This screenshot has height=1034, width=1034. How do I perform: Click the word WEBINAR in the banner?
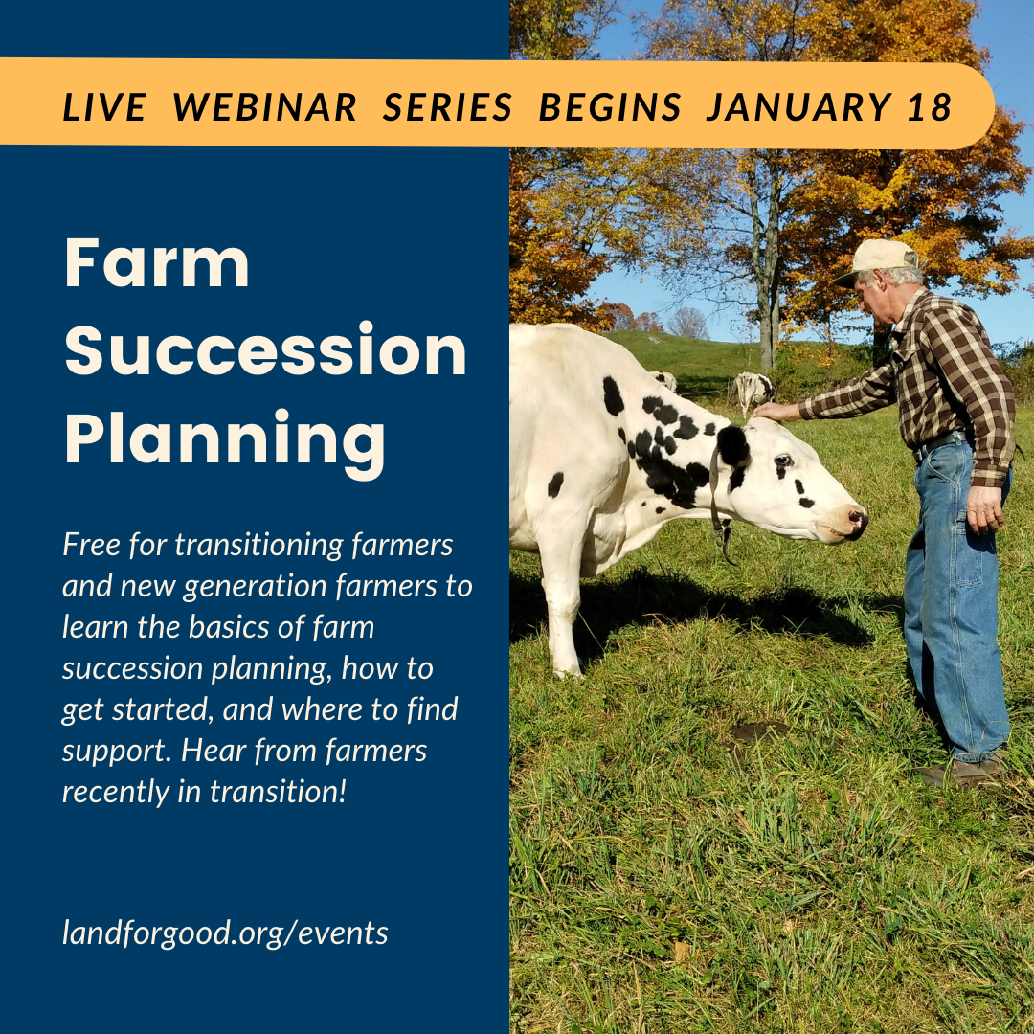265,107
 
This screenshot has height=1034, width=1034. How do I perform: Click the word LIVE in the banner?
104,107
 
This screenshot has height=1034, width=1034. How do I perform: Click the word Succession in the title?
265,350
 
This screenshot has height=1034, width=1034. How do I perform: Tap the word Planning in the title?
224,438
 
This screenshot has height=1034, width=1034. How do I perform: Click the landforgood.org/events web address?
225,933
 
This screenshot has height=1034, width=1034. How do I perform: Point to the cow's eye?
784,461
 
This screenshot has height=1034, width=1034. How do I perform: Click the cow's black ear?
733,445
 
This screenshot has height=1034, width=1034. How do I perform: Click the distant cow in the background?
752,389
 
